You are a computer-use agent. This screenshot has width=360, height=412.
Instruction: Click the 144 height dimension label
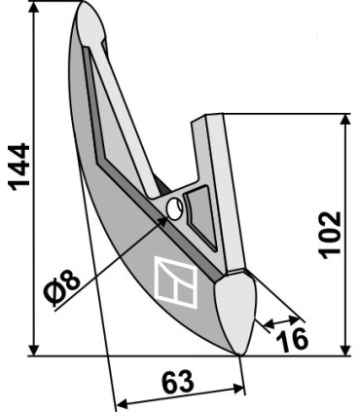tap(19, 167)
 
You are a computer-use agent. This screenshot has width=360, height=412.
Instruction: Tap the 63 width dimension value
tap(178, 382)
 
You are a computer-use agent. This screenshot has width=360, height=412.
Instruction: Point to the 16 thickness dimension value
tap(292, 340)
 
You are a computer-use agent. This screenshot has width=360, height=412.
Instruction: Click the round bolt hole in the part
tap(174, 209)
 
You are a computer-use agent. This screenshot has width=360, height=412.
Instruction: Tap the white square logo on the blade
tap(176, 281)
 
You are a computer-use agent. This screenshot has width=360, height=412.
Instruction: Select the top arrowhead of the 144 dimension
tap(33, 9)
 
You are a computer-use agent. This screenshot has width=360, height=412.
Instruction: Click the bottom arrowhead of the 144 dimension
tap(33, 350)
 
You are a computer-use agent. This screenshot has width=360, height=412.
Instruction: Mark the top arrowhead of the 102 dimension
tap(346, 120)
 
